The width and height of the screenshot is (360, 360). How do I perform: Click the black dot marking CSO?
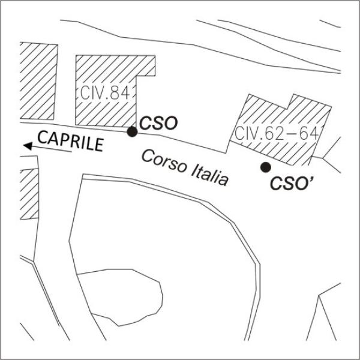coord(132,132)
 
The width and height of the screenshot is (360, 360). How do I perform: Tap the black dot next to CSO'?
coord(266,167)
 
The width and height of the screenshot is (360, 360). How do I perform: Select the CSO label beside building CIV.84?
coord(158,123)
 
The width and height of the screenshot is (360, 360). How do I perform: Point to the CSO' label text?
coord(292,183)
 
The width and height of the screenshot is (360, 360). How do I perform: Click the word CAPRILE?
coord(70,141)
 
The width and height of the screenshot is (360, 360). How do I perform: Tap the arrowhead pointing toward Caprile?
coord(28,146)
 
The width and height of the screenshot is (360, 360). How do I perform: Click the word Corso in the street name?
coord(164,161)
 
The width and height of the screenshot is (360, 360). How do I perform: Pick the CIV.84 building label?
coord(104,93)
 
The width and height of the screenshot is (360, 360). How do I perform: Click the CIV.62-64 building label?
coord(277,133)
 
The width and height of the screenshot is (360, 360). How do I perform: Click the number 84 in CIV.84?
coord(119,93)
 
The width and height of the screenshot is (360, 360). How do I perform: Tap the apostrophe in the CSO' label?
coord(311,179)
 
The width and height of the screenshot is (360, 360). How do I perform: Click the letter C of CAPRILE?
coord(43,137)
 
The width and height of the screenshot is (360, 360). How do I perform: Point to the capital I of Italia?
coord(193,170)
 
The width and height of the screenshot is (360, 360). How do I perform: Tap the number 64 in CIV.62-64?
coord(309,133)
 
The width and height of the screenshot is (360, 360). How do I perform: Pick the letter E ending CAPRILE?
coord(99,145)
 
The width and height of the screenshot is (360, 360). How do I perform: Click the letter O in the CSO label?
coord(171,123)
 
